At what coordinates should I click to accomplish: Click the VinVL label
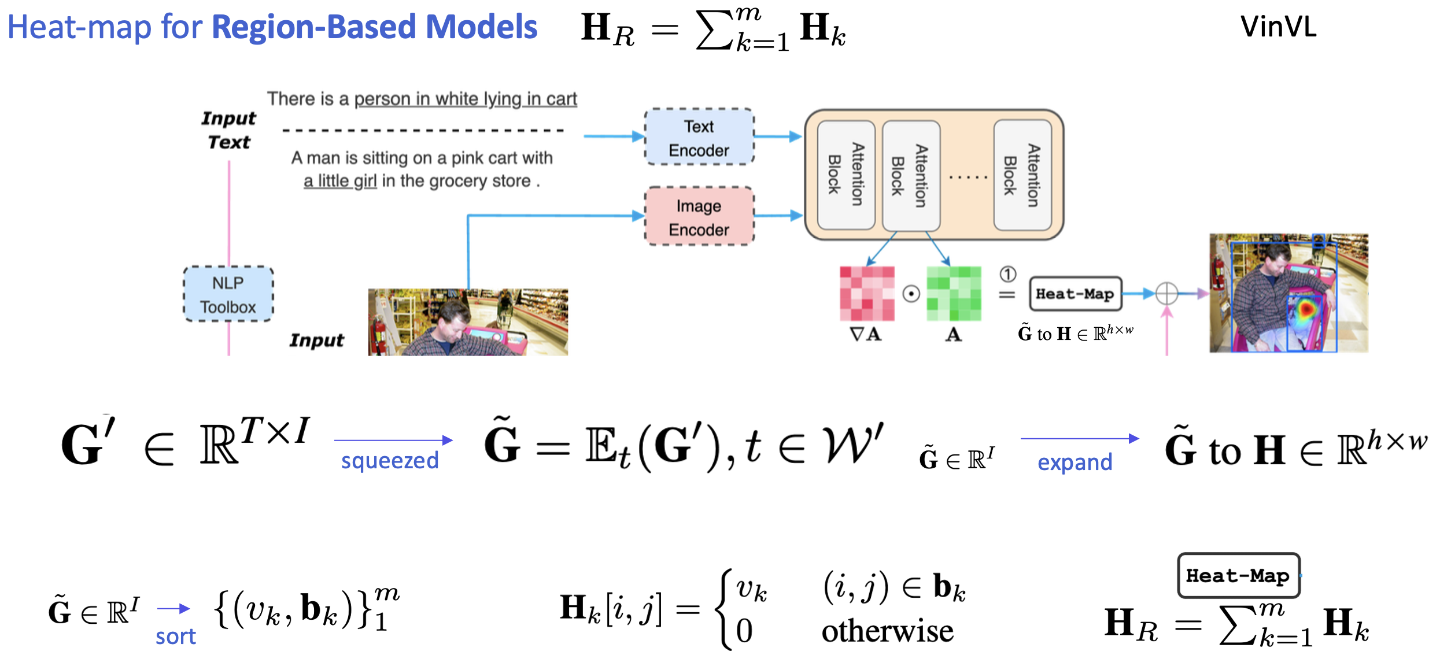pyautogui.click(x=1278, y=27)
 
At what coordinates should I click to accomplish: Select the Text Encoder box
pyautogui.click(x=699, y=138)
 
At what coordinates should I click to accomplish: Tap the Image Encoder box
pyautogui.click(x=699, y=217)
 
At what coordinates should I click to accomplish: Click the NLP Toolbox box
pyautogui.click(x=228, y=294)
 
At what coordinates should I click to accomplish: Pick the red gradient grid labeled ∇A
pyautogui.click(x=867, y=293)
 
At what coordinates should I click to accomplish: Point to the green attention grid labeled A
pyautogui.click(x=954, y=293)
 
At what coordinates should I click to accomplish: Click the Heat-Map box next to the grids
pyautogui.click(x=1075, y=294)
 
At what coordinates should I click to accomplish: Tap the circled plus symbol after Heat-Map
pyautogui.click(x=1166, y=294)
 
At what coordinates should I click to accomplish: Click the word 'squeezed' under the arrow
pyautogui.click(x=390, y=461)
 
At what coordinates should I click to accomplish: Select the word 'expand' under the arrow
pyautogui.click(x=1075, y=462)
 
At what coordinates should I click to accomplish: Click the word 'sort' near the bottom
pyautogui.click(x=176, y=637)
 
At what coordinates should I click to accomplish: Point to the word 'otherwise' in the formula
pyautogui.click(x=887, y=631)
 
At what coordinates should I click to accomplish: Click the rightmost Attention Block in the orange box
pyautogui.click(x=1022, y=175)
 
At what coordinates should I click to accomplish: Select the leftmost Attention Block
pyautogui.click(x=846, y=175)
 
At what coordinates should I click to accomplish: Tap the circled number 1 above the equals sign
pyautogui.click(x=1007, y=274)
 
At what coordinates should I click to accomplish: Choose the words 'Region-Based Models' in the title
pyautogui.click(x=375, y=27)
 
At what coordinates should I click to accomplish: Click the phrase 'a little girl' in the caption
pyautogui.click(x=340, y=181)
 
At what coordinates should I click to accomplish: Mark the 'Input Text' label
pyautogui.click(x=229, y=130)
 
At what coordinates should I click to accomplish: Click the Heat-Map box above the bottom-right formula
pyautogui.click(x=1238, y=576)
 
